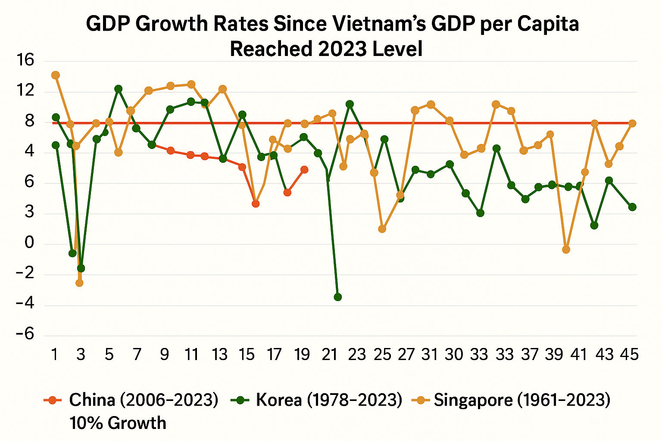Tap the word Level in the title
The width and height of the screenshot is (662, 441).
click(397, 49)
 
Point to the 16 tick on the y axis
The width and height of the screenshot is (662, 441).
click(25, 60)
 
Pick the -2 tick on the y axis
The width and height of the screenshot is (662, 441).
click(25, 274)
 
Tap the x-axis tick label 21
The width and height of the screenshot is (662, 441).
click(329, 354)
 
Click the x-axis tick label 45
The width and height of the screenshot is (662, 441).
click(629, 354)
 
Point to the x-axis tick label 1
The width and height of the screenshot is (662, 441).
click(55, 354)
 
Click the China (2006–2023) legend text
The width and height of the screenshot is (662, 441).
click(144, 400)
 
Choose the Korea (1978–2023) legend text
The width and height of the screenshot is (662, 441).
click(329, 400)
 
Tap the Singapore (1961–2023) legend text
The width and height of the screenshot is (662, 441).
click(522, 400)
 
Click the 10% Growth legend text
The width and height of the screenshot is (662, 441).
click(118, 423)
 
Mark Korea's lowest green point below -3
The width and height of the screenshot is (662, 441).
click(338, 297)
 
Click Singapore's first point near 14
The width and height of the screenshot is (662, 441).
click(56, 75)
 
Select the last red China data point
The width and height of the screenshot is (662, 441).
click(304, 170)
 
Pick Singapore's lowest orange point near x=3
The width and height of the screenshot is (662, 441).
click(79, 283)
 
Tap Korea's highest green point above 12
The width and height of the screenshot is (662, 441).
click(119, 89)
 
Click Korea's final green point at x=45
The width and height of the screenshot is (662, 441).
click(632, 207)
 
